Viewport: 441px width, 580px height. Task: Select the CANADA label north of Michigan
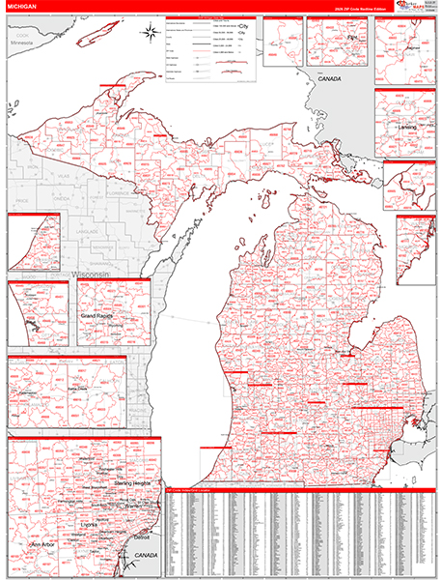330,77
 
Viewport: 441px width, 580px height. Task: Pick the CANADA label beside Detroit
146,556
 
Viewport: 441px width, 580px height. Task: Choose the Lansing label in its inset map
404,127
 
